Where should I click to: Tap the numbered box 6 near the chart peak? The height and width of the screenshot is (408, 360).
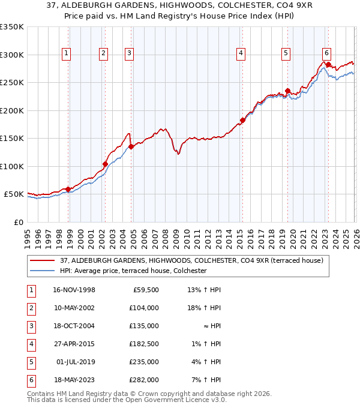(326, 53)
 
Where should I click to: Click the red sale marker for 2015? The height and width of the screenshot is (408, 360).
(242, 121)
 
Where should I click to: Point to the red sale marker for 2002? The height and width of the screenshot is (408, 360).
(105, 164)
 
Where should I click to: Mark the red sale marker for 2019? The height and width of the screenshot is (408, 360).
(287, 91)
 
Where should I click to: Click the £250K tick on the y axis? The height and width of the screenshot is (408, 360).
(12, 83)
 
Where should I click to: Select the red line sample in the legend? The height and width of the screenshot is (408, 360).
(43, 260)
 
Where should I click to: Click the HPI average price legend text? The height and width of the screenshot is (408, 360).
(133, 271)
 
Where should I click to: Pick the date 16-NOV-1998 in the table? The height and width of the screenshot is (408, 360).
(74, 290)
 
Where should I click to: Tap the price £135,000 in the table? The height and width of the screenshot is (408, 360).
(144, 326)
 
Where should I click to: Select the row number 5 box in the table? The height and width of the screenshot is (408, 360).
(29, 362)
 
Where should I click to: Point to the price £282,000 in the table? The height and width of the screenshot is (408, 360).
(144, 380)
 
